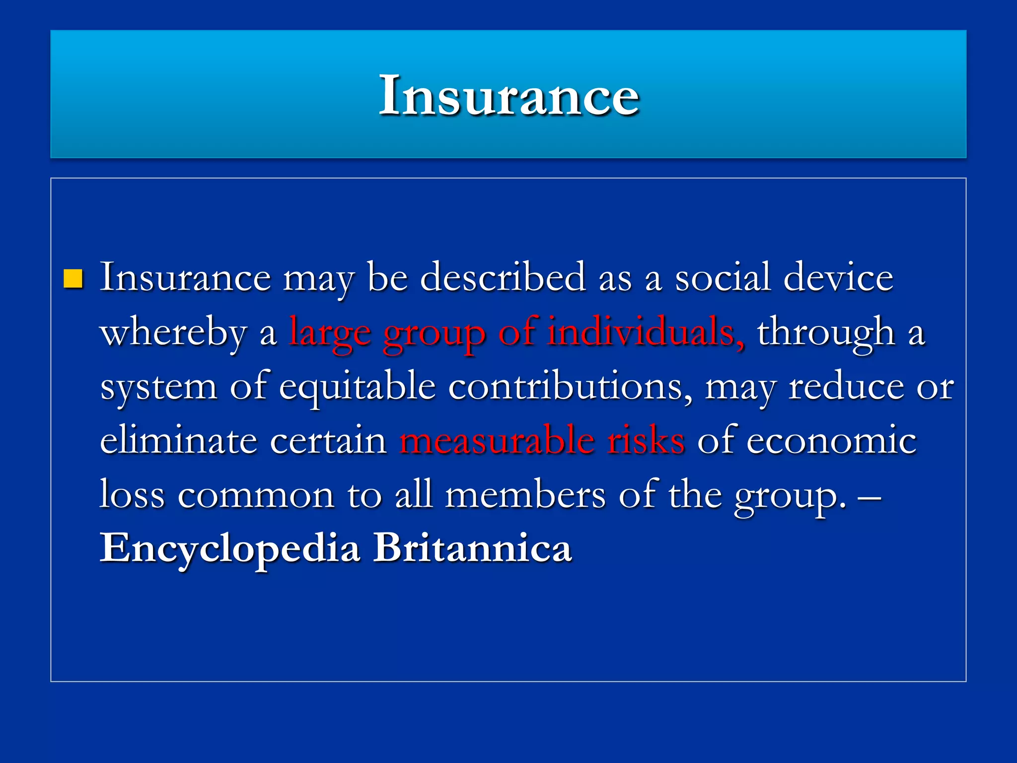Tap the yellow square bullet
pyautogui.click(x=73, y=279)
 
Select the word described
pyautogui.click(x=503, y=277)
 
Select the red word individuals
pyautogui.click(x=646, y=331)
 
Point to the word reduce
pyautogui.click(x=846, y=386)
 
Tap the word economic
pyautogui.click(x=831, y=441)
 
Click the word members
pyautogui.click(x=525, y=495)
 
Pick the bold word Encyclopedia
pyautogui.click(x=230, y=548)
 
